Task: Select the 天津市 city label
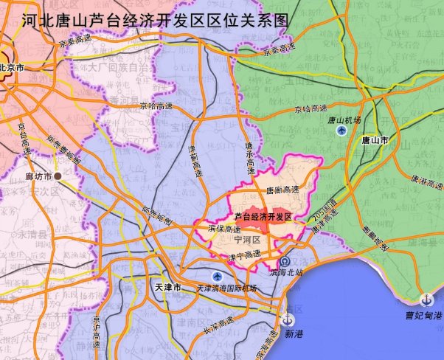pos(168,285)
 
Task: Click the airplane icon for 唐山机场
pos(341,131)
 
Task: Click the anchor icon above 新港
pos(288,319)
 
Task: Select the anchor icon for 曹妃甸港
pos(426,300)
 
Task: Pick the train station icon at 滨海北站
pos(284,262)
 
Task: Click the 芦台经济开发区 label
pos(263,217)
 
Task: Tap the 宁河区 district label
pos(246,240)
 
